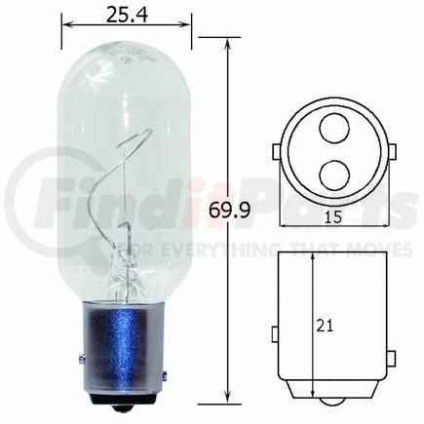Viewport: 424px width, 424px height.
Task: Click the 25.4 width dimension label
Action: point(127,15)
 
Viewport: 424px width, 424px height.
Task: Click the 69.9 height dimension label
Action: point(229,210)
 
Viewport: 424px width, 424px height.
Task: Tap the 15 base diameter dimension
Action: point(333,217)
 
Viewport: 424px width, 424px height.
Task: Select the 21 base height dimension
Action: point(325,326)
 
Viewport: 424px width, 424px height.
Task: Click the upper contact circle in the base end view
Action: point(334,129)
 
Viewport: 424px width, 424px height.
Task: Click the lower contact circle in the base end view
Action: point(334,175)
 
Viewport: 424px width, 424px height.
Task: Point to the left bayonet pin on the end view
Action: point(276,152)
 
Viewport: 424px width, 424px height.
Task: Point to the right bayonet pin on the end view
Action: point(392,152)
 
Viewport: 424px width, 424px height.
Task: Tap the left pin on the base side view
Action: point(275,334)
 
